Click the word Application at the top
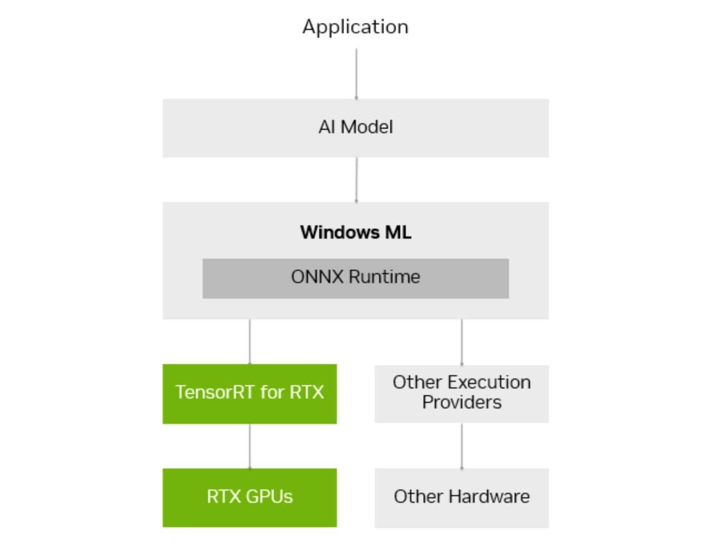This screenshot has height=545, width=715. click(x=355, y=27)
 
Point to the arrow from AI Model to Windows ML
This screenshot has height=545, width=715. click(x=356, y=179)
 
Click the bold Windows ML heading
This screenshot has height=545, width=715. click(x=355, y=232)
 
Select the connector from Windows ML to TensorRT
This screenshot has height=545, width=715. click(x=250, y=341)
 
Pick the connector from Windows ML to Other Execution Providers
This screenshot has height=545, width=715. click(x=462, y=342)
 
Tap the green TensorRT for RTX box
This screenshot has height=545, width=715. click(x=250, y=411)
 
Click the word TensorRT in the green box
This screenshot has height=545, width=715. click(x=215, y=392)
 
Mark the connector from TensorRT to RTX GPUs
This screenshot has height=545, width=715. click(x=250, y=446)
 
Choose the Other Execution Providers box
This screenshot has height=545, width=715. click(x=462, y=413)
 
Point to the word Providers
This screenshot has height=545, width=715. click(x=462, y=402)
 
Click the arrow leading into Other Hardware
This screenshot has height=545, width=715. click(x=462, y=446)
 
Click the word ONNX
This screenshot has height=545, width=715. click(x=317, y=276)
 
